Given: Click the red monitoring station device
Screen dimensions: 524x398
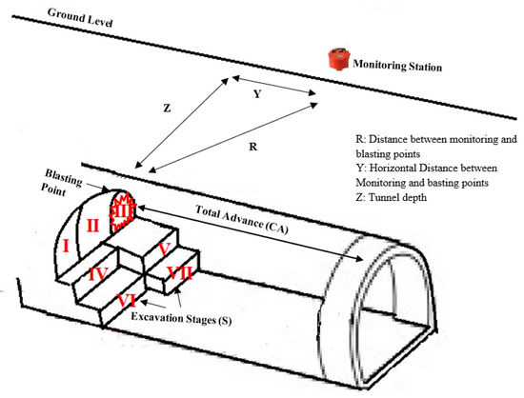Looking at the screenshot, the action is pos(339,59).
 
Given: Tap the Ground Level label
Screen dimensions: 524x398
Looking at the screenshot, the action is pos(80,18).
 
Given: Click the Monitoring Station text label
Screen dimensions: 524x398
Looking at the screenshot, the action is pos(397,65).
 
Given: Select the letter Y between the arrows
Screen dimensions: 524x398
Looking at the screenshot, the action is pos(256,94).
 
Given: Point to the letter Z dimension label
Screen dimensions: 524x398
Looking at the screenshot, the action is pos(167,109).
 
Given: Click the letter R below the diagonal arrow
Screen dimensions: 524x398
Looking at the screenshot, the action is pos(253,147).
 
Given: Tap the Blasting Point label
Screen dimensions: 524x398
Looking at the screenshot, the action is pos(61,183).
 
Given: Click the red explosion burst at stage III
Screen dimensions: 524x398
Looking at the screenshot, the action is pos(123,212).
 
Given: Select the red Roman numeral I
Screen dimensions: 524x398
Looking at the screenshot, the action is pos(66,247).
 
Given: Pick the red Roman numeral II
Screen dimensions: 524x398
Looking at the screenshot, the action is pos(92,226).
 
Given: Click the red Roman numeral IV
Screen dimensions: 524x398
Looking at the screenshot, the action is pos(98,274).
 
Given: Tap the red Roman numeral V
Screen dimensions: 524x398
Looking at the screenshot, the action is pos(164,249).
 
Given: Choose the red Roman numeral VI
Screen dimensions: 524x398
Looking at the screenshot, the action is pos(127,301).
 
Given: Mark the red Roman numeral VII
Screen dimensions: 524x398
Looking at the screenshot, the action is pos(180,273).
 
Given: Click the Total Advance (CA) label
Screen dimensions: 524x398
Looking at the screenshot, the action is pos(242,220).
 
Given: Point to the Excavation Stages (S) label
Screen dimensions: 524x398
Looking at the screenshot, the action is pos(181,318).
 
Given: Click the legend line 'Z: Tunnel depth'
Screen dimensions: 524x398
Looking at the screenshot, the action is pos(392,197).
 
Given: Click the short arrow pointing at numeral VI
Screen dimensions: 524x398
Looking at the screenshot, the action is pos(153,305).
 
